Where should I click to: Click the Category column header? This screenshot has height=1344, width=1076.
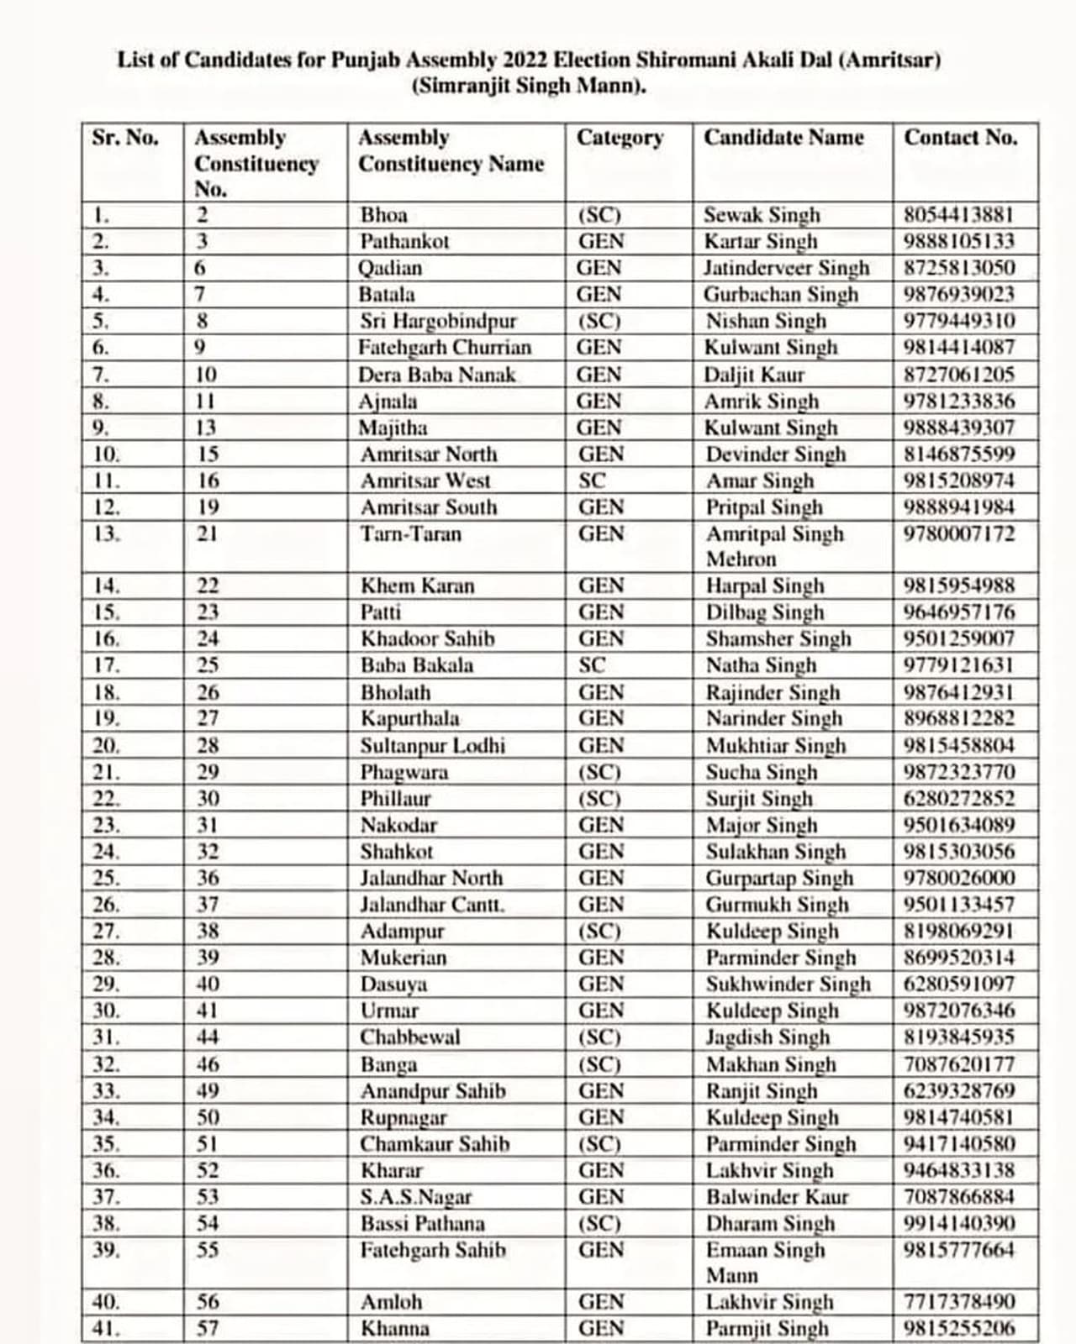(x=620, y=138)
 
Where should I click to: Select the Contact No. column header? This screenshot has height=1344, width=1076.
(x=960, y=138)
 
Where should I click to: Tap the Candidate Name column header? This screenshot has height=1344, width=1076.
(x=783, y=138)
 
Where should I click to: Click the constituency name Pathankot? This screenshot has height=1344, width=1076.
(x=404, y=242)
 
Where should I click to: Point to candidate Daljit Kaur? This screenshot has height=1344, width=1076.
(x=754, y=375)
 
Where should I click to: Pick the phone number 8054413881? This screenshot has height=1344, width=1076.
(x=959, y=215)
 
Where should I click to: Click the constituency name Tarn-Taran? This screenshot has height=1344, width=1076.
(x=410, y=534)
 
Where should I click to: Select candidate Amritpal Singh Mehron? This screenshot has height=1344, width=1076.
(x=773, y=546)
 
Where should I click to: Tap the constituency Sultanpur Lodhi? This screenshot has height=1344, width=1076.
(x=432, y=746)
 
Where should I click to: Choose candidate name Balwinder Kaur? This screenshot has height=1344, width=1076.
(x=777, y=1197)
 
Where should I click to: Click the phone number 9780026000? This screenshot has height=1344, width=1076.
(x=959, y=879)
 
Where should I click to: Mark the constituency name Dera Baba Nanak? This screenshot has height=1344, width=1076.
(x=436, y=375)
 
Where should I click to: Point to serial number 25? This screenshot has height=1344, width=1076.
(x=107, y=879)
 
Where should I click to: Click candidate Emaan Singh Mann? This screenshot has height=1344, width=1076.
(x=765, y=1262)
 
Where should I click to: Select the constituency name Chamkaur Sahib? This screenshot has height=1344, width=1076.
(x=435, y=1144)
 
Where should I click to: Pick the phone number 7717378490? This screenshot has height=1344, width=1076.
(x=959, y=1302)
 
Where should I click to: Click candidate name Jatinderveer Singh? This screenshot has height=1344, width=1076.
(x=786, y=268)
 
